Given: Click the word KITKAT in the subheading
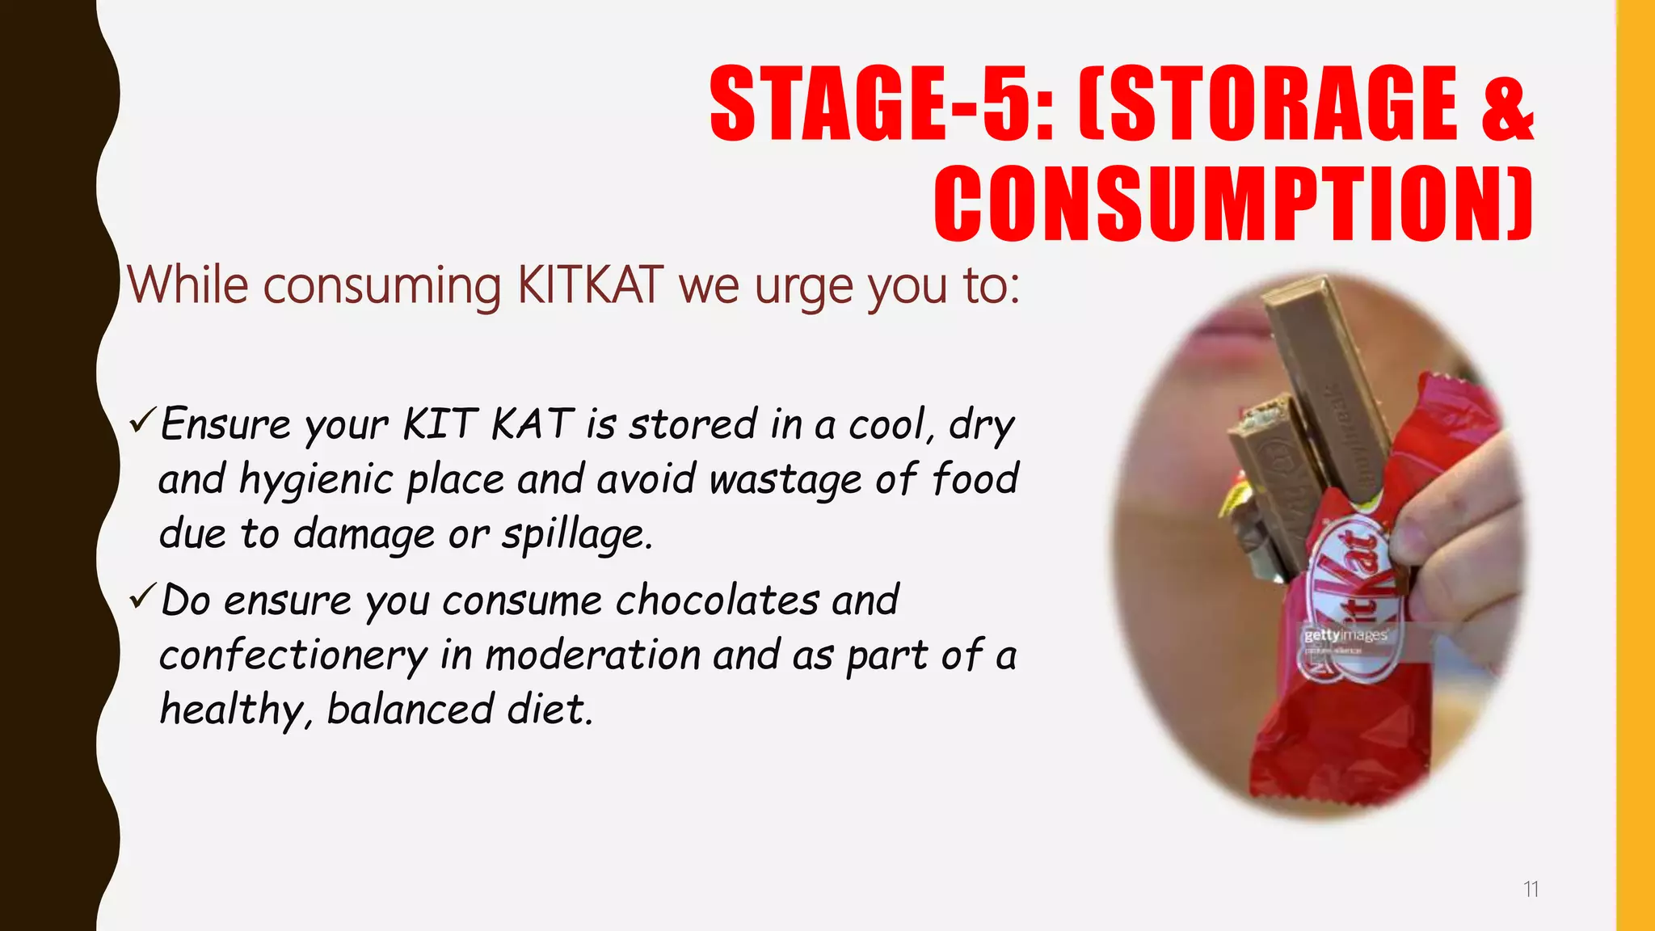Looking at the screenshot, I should click(590, 285).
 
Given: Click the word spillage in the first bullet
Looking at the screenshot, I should click(576, 534).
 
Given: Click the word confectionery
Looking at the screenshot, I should click(293, 655).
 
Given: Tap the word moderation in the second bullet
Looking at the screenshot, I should click(592, 655).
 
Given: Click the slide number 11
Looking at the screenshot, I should click(1531, 890).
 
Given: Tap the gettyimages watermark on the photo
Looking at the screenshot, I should click(1345, 635).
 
